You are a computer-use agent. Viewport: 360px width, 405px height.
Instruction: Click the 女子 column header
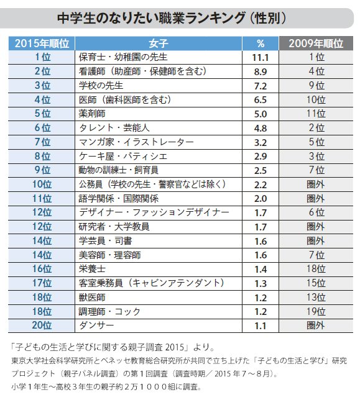(x=159, y=43)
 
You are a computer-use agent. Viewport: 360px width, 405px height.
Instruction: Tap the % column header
(x=261, y=43)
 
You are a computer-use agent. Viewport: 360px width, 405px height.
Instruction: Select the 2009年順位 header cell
(x=316, y=43)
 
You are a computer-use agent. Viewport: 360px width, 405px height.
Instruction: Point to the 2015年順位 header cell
(x=42, y=43)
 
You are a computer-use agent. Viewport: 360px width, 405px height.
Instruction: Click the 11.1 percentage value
(x=260, y=58)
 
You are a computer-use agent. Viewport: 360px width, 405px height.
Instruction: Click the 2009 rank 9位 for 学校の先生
(x=316, y=86)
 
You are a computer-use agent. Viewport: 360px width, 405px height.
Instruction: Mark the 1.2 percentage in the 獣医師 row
(x=261, y=298)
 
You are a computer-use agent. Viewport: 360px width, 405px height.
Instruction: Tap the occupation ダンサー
(x=96, y=325)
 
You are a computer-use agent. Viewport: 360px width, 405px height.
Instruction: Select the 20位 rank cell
(x=42, y=325)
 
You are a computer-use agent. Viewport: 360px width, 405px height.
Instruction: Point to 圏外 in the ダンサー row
(x=315, y=325)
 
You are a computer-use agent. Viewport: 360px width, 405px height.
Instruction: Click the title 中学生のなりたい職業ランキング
(x=151, y=18)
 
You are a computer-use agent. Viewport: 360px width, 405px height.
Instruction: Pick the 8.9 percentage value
(x=261, y=72)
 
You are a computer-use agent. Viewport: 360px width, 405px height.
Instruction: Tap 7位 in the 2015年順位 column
(x=42, y=142)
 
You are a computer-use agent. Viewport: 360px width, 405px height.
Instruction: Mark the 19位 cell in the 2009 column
(x=316, y=311)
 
